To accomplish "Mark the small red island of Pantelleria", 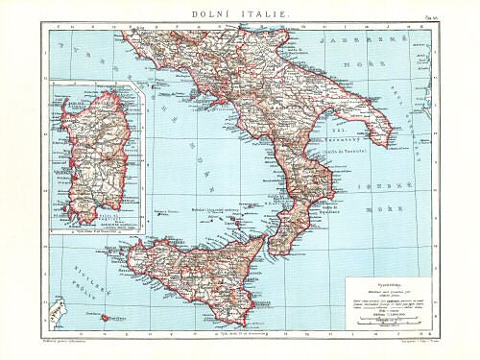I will [104, 316].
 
